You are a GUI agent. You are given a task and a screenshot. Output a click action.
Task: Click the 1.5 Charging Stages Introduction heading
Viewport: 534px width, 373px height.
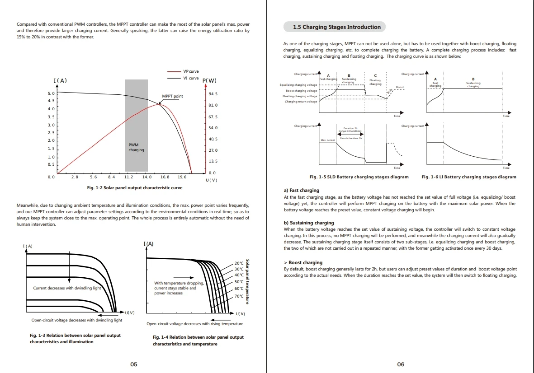coord(336,27)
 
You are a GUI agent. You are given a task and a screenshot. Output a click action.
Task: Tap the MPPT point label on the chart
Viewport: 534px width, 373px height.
coord(172,96)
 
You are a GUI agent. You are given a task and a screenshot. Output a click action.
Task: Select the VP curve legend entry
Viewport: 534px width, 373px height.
coord(190,71)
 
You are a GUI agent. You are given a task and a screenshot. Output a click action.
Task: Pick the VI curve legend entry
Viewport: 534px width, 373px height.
coord(190,78)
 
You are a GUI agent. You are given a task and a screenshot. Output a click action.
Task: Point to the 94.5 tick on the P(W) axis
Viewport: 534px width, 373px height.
coord(213,94)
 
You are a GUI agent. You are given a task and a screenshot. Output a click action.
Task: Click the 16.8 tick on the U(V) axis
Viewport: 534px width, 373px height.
coord(165,177)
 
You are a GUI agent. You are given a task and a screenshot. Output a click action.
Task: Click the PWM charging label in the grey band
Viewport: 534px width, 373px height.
coord(136,147)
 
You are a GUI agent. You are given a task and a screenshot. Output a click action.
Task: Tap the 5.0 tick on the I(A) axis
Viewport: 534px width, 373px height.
coord(51,93)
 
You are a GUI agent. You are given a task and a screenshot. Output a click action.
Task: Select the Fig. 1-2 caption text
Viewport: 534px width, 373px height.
coord(135,187)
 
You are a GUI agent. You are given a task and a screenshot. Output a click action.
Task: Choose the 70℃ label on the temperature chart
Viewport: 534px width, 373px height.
coord(239,296)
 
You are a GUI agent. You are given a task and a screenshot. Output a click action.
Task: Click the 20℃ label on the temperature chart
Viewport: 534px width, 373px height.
coord(239,263)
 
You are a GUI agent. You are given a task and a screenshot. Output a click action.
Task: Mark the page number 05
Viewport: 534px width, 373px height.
coord(134,364)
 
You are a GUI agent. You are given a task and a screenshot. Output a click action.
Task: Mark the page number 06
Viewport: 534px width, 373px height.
coord(401,364)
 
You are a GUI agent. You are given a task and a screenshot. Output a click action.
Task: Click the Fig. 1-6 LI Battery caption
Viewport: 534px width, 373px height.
coord(468,177)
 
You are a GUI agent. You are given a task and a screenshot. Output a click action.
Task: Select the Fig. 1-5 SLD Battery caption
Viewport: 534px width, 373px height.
coord(359,177)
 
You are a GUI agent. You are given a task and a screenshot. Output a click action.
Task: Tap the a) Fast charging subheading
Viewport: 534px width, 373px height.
coord(301,191)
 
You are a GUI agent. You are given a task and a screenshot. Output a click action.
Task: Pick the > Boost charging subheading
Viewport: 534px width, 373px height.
coord(303,262)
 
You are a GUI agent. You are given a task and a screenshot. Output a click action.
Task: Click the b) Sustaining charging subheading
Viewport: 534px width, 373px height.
coord(309,223)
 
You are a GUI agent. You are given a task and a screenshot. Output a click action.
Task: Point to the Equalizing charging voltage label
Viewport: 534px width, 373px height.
coord(298,85)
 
